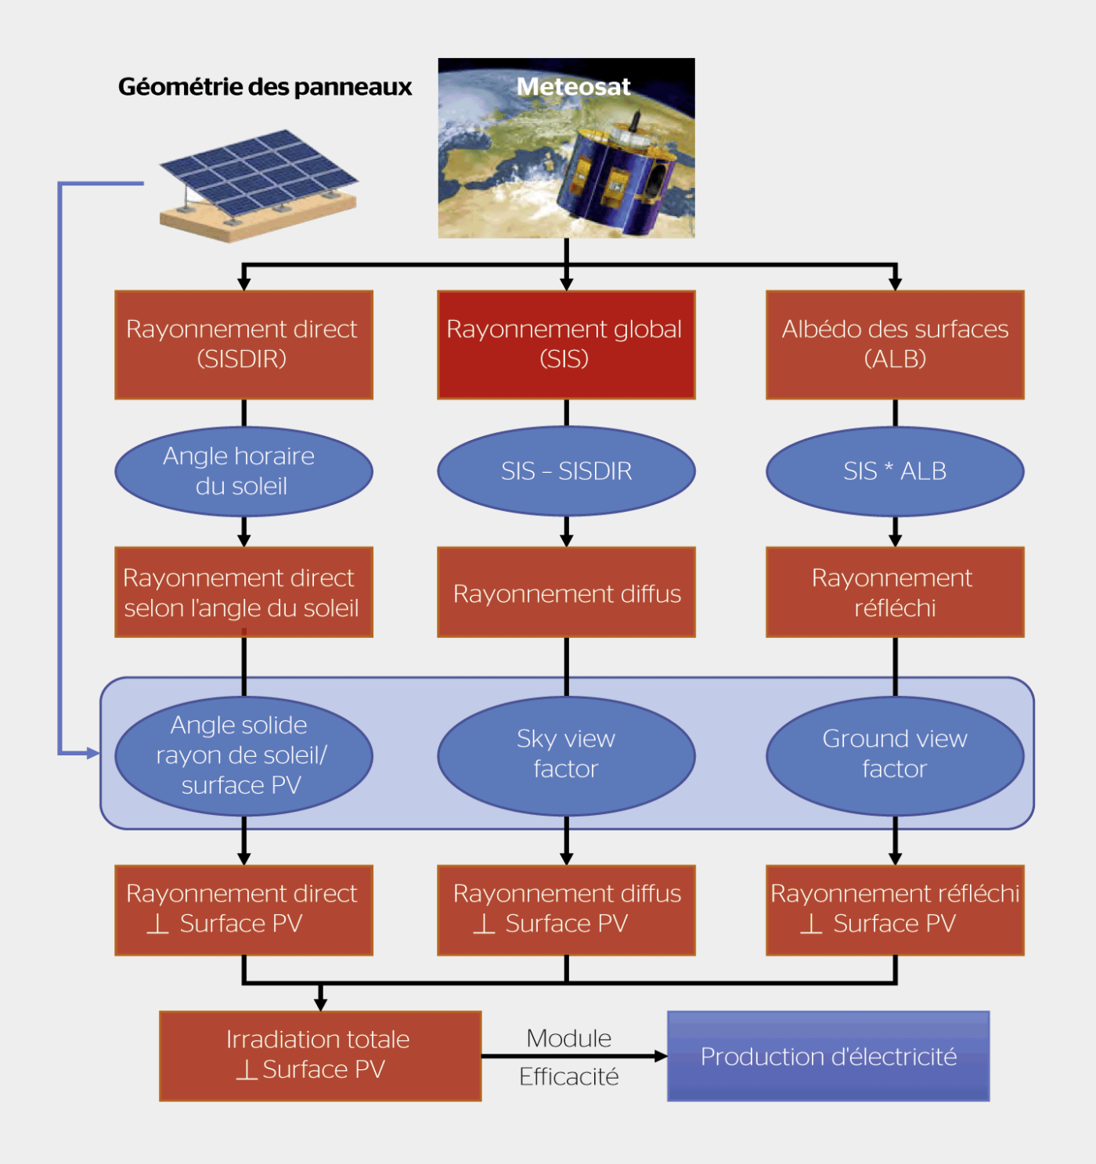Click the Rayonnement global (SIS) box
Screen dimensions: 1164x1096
coord(566,344)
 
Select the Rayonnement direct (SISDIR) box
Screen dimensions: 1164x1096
coord(243,344)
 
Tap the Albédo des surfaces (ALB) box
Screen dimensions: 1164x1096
coord(895,344)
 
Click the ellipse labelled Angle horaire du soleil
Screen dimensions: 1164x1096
coord(243,471)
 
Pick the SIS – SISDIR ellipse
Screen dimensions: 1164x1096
coord(566,471)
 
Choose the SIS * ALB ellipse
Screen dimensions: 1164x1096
coord(895,471)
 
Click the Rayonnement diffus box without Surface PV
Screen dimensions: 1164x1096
coord(566,593)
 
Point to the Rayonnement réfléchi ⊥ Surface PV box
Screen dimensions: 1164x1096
coord(895,910)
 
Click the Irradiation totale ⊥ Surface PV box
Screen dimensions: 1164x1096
coord(320,1056)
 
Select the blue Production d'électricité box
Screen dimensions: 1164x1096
coord(828,1056)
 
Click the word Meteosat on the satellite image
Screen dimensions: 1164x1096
coord(573,86)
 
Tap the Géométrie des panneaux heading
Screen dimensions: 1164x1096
coord(265,86)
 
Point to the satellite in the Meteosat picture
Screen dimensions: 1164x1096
coord(618,176)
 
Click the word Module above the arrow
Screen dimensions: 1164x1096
coord(569,1038)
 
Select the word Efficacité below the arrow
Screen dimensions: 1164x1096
coord(569,1077)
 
